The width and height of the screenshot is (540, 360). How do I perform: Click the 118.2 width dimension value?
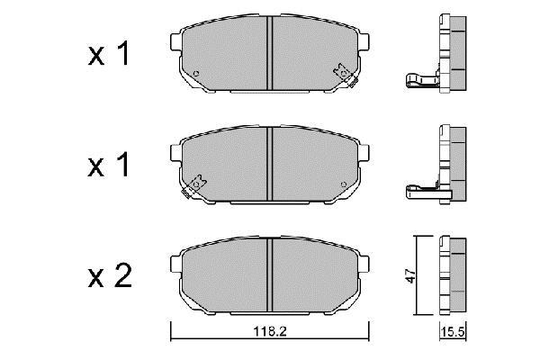[270, 331]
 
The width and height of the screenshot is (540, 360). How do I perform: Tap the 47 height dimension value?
[410, 275]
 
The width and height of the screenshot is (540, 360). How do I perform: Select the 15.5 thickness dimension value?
[453, 332]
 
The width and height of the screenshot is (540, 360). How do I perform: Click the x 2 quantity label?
[110, 275]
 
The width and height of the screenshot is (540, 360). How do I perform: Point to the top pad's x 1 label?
[109, 53]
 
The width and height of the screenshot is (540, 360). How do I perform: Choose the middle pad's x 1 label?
[109, 165]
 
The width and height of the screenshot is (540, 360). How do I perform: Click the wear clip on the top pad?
[346, 76]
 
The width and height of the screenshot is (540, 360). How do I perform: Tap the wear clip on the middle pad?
[194, 186]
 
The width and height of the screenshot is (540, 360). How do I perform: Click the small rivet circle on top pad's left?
[196, 73]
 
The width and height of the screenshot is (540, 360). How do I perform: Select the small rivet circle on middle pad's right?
[344, 184]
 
